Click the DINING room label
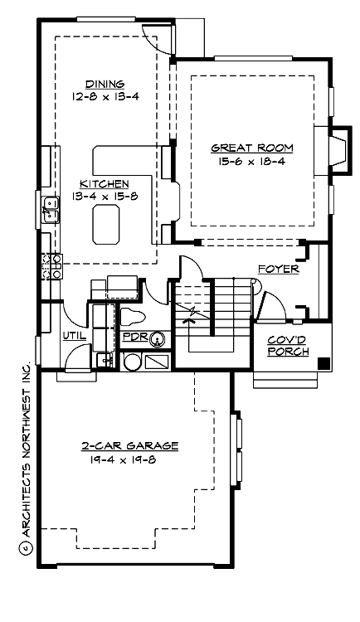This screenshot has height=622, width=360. pos(105,84)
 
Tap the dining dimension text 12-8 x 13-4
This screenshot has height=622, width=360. pos(105,96)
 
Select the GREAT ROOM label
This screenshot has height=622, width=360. pos(252,148)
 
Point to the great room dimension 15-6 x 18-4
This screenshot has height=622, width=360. pos(252,161)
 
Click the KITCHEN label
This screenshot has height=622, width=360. pos(104,183)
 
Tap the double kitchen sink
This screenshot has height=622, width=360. pos(50,209)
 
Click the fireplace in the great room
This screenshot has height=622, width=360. pos(335,149)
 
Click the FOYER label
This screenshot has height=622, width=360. pos(278,270)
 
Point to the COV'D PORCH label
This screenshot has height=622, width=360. pos(289,346)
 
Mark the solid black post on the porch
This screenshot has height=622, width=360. pos(324,362)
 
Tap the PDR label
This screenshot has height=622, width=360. pos(134,338)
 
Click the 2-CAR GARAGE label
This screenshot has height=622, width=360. pos(130,446)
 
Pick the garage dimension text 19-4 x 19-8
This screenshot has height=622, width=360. pos(130,459)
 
